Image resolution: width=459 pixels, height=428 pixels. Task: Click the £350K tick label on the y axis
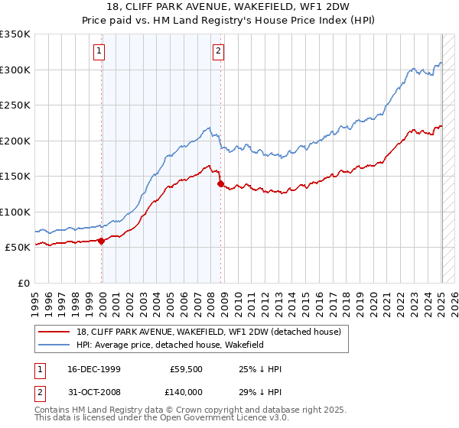pyautogui.click(x=15, y=34)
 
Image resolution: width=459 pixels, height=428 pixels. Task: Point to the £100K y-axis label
pyautogui.click(x=15, y=212)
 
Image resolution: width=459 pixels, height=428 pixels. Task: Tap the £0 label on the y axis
pyautogui.click(x=24, y=283)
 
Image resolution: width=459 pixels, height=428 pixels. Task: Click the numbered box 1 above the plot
pyautogui.click(x=100, y=51)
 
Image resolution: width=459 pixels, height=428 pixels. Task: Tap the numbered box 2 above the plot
pyautogui.click(x=218, y=51)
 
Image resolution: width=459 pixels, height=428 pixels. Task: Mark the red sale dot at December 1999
pyautogui.click(x=102, y=241)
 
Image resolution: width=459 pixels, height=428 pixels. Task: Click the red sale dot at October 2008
pyautogui.click(x=221, y=183)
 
